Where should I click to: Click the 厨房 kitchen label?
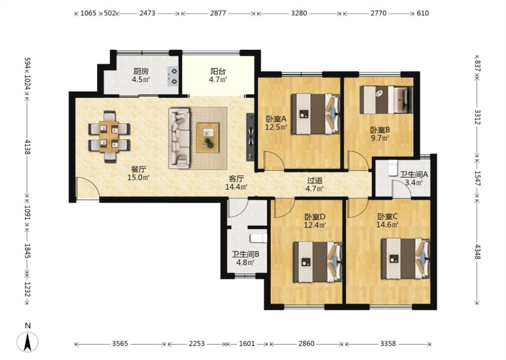click(x=141, y=71)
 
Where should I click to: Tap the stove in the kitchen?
click(x=173, y=76)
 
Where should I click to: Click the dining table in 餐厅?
click(x=109, y=136)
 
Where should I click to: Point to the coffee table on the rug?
click(x=208, y=138)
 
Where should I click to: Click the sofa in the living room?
click(x=179, y=138)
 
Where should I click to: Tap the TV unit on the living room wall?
click(x=251, y=137)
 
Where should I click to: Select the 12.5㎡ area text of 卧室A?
click(x=276, y=127)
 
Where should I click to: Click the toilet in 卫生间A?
click(x=393, y=167)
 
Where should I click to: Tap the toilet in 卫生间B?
click(x=259, y=238)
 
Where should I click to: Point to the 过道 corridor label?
click(x=314, y=181)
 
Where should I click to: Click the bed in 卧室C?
click(x=405, y=259)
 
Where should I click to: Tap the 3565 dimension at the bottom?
click(x=121, y=343)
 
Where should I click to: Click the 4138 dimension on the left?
click(x=27, y=147)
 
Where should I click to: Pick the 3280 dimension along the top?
click(x=299, y=13)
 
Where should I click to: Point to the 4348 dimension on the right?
click(x=478, y=251)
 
